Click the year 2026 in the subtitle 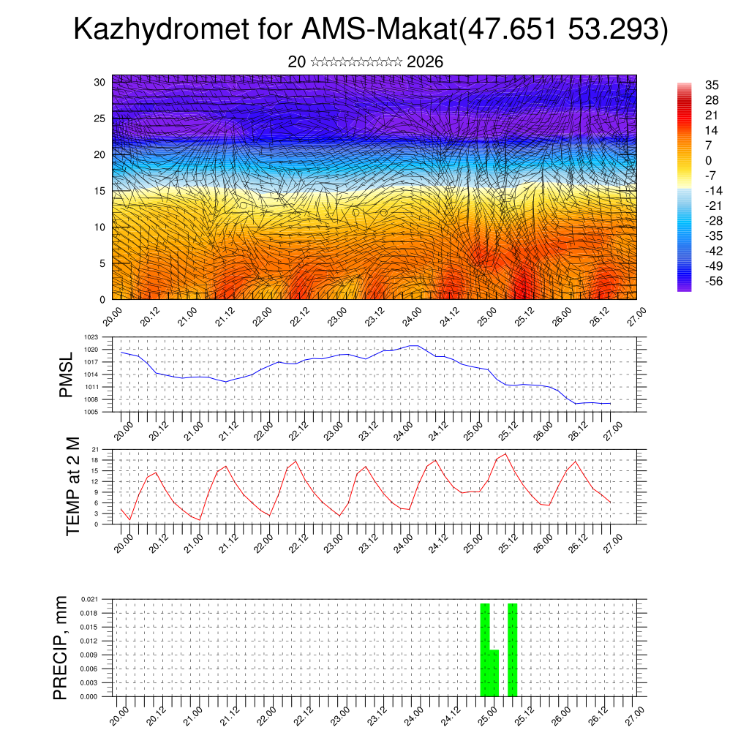click(x=425, y=62)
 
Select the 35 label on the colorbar click(x=712, y=85)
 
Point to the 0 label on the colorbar click(x=708, y=160)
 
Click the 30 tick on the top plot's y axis click(x=99, y=82)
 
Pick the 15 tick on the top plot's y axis click(x=99, y=191)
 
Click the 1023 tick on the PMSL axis click(x=91, y=337)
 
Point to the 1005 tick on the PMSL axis click(x=91, y=412)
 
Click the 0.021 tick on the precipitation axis click(x=89, y=599)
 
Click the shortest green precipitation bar click(x=494, y=673)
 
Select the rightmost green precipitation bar click(x=512, y=650)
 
